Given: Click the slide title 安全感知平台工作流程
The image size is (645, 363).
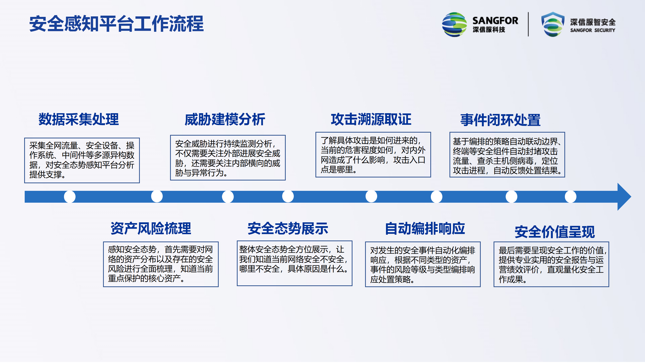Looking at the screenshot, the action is click(x=116, y=24).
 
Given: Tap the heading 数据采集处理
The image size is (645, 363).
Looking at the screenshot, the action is click(x=79, y=119).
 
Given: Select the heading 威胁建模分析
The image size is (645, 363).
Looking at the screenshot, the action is click(x=225, y=119).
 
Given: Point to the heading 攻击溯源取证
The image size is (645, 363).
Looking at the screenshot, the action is click(x=371, y=119).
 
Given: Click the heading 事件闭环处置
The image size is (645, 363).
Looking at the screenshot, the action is click(x=500, y=120).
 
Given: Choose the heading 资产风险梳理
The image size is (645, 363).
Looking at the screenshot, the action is click(x=151, y=228).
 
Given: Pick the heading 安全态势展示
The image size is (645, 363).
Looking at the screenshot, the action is click(x=288, y=228).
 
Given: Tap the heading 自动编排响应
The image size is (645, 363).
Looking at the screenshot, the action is click(x=425, y=228).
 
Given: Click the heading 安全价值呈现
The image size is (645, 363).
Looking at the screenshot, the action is click(x=555, y=232).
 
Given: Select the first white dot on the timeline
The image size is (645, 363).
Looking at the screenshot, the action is click(x=70, y=197).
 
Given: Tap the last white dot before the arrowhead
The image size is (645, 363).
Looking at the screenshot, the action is click(x=571, y=197).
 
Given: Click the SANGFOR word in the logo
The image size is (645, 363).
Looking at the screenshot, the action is click(x=495, y=20).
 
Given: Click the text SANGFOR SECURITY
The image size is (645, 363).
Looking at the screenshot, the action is click(x=593, y=30).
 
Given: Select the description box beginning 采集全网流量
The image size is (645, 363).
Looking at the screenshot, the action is click(x=82, y=160).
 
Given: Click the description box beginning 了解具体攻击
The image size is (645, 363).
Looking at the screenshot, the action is click(x=373, y=155).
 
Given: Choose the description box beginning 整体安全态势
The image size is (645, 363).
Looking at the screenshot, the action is click(x=295, y=263).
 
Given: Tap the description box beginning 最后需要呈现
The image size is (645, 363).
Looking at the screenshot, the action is click(x=551, y=264).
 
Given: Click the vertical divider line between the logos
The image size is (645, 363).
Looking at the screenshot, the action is click(x=528, y=24).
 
